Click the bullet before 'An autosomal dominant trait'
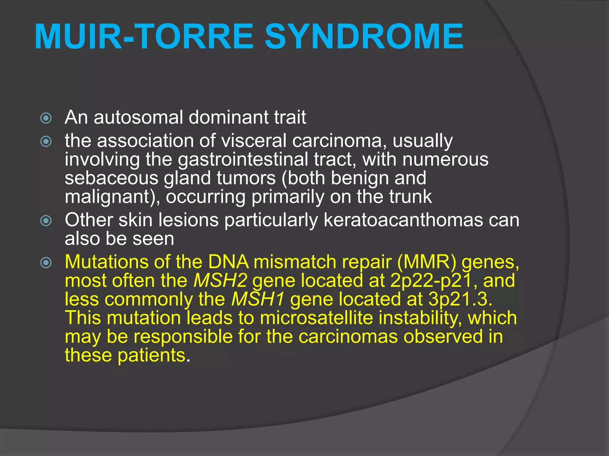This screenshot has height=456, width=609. (x=46, y=118)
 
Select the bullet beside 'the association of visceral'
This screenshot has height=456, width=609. (x=46, y=142)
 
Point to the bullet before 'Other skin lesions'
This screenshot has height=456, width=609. (x=46, y=221)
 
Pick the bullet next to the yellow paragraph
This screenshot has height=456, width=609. (x=46, y=263)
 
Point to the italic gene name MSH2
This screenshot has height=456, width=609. (x=220, y=281)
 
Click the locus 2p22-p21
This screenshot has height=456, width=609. (x=431, y=281)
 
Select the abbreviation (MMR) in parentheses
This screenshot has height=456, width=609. (x=426, y=262)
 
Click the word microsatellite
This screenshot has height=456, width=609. (x=316, y=318)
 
